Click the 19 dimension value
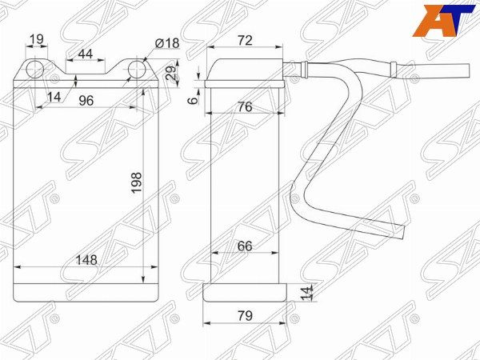click(37, 39)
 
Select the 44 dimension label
click(86, 54)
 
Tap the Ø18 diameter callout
click(167, 43)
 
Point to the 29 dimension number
click(172, 73)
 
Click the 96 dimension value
click(86, 101)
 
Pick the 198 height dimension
click(137, 182)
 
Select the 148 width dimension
click(86, 260)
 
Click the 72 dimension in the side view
click(245, 41)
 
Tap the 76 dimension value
click(245, 107)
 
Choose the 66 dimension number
click(245, 246)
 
